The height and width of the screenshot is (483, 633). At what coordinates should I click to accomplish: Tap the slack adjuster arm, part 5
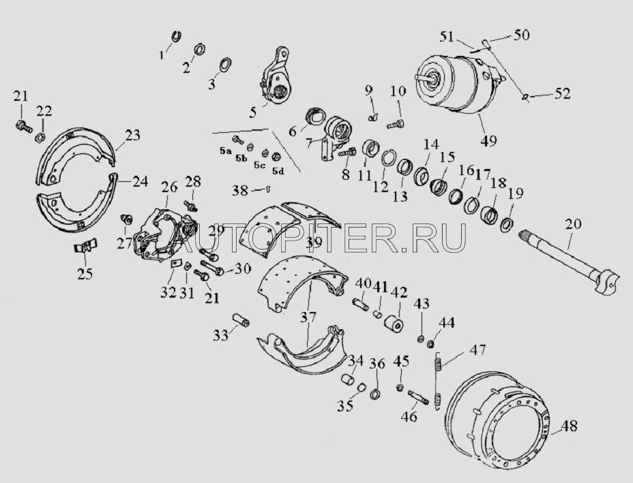(274, 76)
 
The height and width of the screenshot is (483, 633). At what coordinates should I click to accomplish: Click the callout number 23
(132, 135)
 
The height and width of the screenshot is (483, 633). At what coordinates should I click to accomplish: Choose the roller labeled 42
(394, 325)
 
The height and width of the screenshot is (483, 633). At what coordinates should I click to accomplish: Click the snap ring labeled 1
(175, 35)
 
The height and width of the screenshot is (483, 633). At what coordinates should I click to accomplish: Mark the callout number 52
(562, 94)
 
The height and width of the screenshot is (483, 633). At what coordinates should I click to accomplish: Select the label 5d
(278, 172)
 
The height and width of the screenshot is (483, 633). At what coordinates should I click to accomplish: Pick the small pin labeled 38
(267, 189)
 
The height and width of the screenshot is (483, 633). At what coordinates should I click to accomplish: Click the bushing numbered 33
(241, 320)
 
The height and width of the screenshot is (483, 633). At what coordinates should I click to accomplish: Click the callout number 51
(447, 37)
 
